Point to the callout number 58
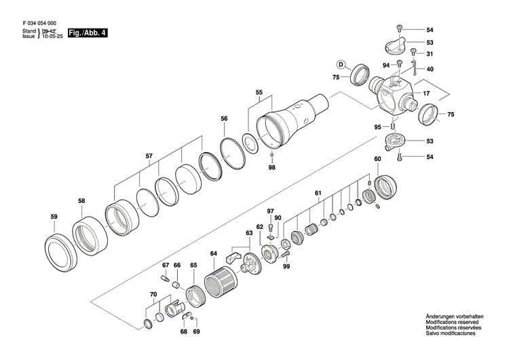point(81,200)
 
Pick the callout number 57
point(149,156)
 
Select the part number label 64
point(213,254)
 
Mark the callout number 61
point(317,194)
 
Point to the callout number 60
point(377,159)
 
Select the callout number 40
point(430,69)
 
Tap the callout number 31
point(430,54)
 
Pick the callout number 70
point(153,294)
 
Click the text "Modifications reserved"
point(454,323)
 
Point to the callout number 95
point(377,127)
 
